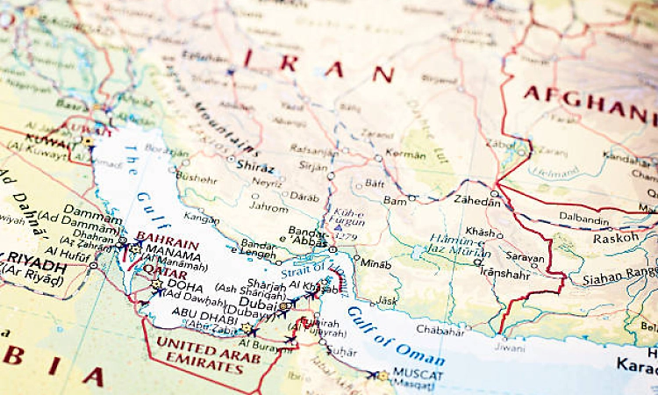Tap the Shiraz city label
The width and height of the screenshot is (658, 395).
255,168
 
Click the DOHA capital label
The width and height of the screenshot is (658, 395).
185,286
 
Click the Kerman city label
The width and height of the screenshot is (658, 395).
406,155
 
